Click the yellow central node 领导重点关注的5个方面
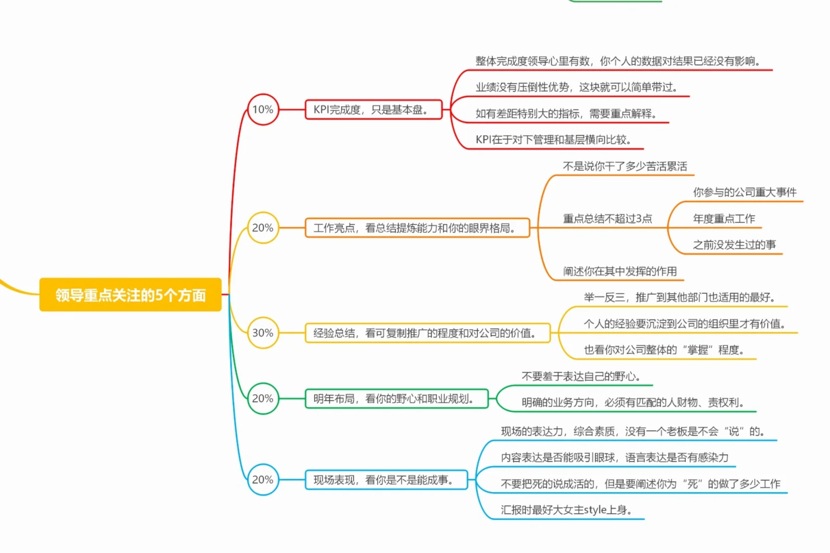pyautogui.click(x=130, y=295)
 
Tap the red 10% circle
pyautogui.click(x=263, y=109)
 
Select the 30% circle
pyautogui.click(x=263, y=333)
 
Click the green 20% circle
pyautogui.click(x=263, y=398)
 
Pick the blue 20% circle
pyautogui.click(x=263, y=480)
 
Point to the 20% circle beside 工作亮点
pyautogui.click(x=263, y=228)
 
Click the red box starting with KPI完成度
pyautogui.click(x=373, y=110)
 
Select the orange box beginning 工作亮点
pyautogui.click(x=417, y=228)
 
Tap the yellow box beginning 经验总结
pyautogui.click(x=427, y=333)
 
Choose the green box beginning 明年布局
pyautogui.click(x=397, y=398)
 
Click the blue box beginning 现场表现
pyautogui.click(x=386, y=480)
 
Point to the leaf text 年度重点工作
pyautogui.click(x=724, y=219)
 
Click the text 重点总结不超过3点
pyautogui.click(x=607, y=219)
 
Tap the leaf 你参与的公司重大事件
pyautogui.click(x=745, y=192)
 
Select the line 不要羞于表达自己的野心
pyautogui.click(x=581, y=376)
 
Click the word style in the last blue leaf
pyautogui.click(x=595, y=510)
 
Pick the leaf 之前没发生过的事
pyautogui.click(x=734, y=245)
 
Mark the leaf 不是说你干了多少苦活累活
pyautogui.click(x=625, y=166)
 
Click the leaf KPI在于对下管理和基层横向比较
pyautogui.click(x=553, y=140)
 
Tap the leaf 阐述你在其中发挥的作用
pyautogui.click(x=620, y=271)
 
